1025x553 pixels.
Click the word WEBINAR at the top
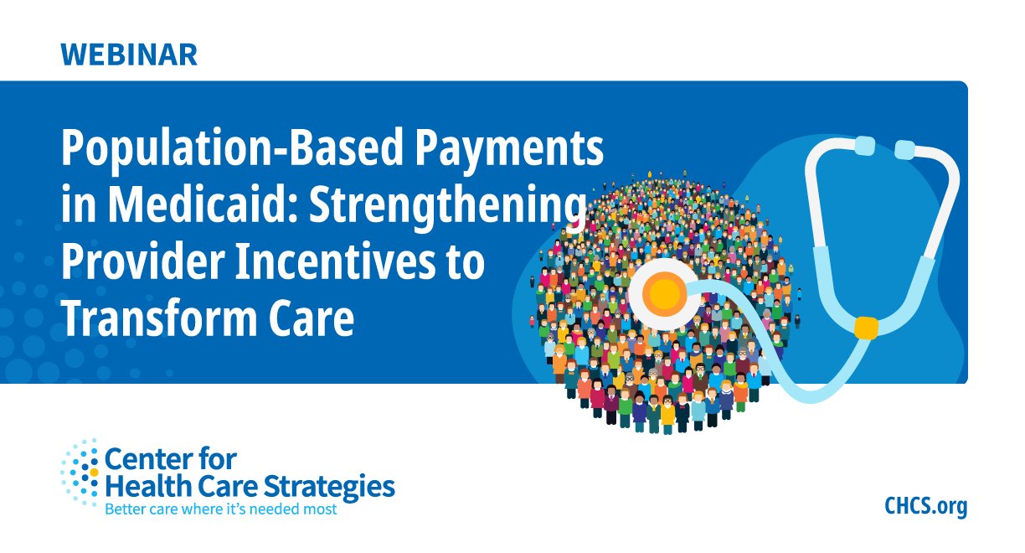(x=129, y=54)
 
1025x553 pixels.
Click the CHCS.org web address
(x=925, y=506)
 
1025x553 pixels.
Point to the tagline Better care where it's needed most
(x=220, y=509)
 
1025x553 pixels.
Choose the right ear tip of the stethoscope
(x=905, y=150)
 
